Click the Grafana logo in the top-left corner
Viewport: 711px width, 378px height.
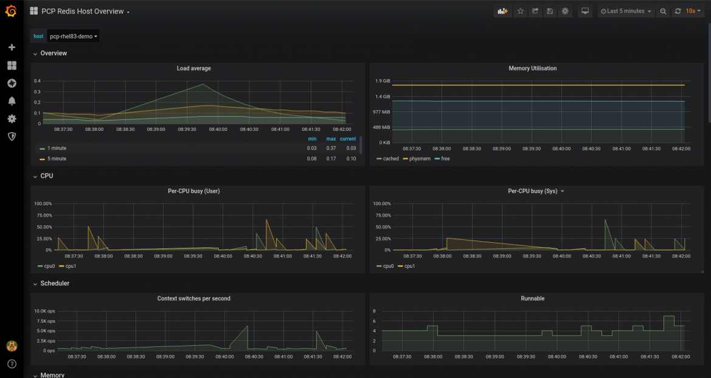click(12, 12)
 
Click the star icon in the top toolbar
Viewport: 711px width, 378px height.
click(520, 12)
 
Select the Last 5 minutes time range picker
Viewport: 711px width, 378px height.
click(625, 12)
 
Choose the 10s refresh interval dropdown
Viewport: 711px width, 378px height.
click(694, 12)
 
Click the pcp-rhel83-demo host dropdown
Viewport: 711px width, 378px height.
click(73, 37)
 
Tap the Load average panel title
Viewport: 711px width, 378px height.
click(193, 69)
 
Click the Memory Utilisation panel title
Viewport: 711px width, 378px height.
click(532, 69)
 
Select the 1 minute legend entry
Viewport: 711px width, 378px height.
click(57, 149)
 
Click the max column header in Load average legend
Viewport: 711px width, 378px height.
click(331, 139)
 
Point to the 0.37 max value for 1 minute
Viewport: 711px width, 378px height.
click(331, 149)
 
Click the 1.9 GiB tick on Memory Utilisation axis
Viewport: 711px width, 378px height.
click(383, 81)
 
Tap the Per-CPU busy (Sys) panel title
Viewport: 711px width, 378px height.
click(532, 191)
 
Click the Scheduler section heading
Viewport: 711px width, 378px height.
click(55, 284)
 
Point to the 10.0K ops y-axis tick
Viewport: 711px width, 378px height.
click(44, 311)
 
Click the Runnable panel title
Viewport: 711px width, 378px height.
click(532, 299)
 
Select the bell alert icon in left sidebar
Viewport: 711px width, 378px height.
click(12, 101)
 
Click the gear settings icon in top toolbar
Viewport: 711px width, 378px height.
click(565, 12)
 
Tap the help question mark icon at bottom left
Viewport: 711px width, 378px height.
click(12, 364)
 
